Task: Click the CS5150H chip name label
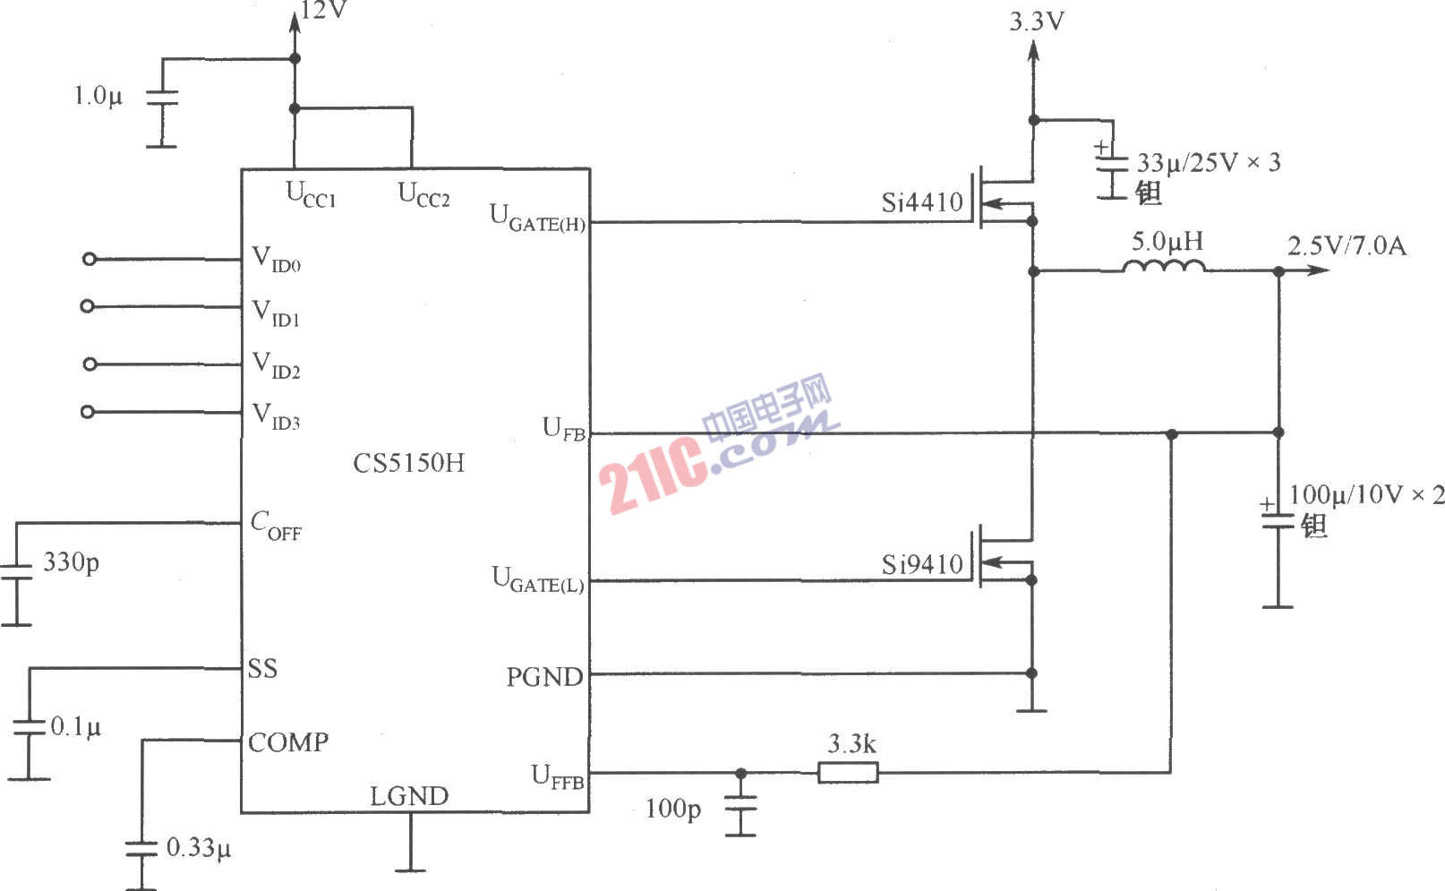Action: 409,463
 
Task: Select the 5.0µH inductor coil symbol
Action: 1163,266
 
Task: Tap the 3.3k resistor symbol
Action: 848,772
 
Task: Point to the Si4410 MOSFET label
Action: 922,202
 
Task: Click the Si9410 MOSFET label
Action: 922,564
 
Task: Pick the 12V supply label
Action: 324,11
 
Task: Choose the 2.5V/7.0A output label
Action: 1347,245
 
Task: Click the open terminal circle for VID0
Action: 89,260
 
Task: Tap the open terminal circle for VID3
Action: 87,412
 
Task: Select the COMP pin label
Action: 288,742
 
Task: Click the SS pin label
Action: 262,669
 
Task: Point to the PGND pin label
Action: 544,677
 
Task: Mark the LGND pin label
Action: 409,796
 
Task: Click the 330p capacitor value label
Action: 72,562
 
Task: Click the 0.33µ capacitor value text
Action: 199,847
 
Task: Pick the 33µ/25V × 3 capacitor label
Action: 1208,163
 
